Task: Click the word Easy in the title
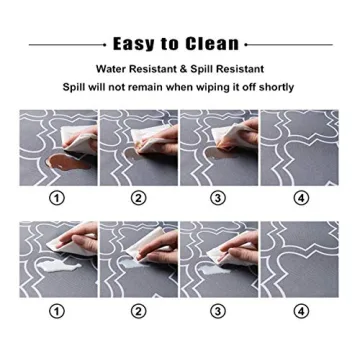[133, 44]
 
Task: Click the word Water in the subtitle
[115, 70]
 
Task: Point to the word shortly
[274, 87]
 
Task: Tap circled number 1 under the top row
[57, 198]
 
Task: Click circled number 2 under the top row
[139, 198]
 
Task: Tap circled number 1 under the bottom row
[57, 311]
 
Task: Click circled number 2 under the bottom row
[139, 311]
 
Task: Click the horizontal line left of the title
[66, 45]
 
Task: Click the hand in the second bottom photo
[125, 240]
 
